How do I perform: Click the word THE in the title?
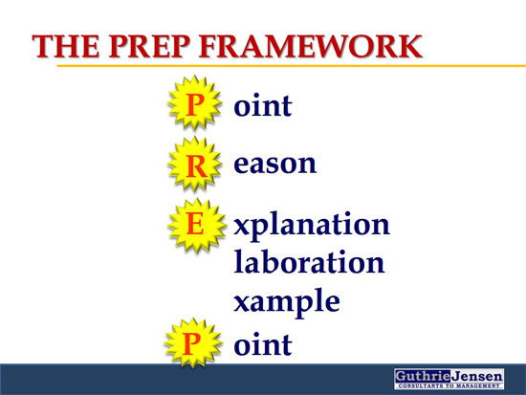coord(66,46)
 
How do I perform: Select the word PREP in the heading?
coord(149,46)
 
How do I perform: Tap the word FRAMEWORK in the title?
coord(310,46)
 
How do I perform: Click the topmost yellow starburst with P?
coord(194,103)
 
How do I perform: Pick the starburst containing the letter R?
coord(195,165)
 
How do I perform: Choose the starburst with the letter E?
coord(197,225)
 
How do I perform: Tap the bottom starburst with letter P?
coord(193,343)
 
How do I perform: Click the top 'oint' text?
coord(263,105)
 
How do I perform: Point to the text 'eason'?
coord(274,164)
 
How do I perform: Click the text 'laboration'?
coord(309,261)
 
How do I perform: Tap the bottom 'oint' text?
coord(263,344)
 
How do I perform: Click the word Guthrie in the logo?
coord(422,376)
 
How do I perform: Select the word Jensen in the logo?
coord(476,376)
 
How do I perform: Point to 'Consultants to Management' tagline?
coord(449,386)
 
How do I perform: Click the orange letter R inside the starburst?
coord(196,166)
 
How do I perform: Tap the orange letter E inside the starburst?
coord(195,224)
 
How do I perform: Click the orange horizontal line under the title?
coord(292,66)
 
